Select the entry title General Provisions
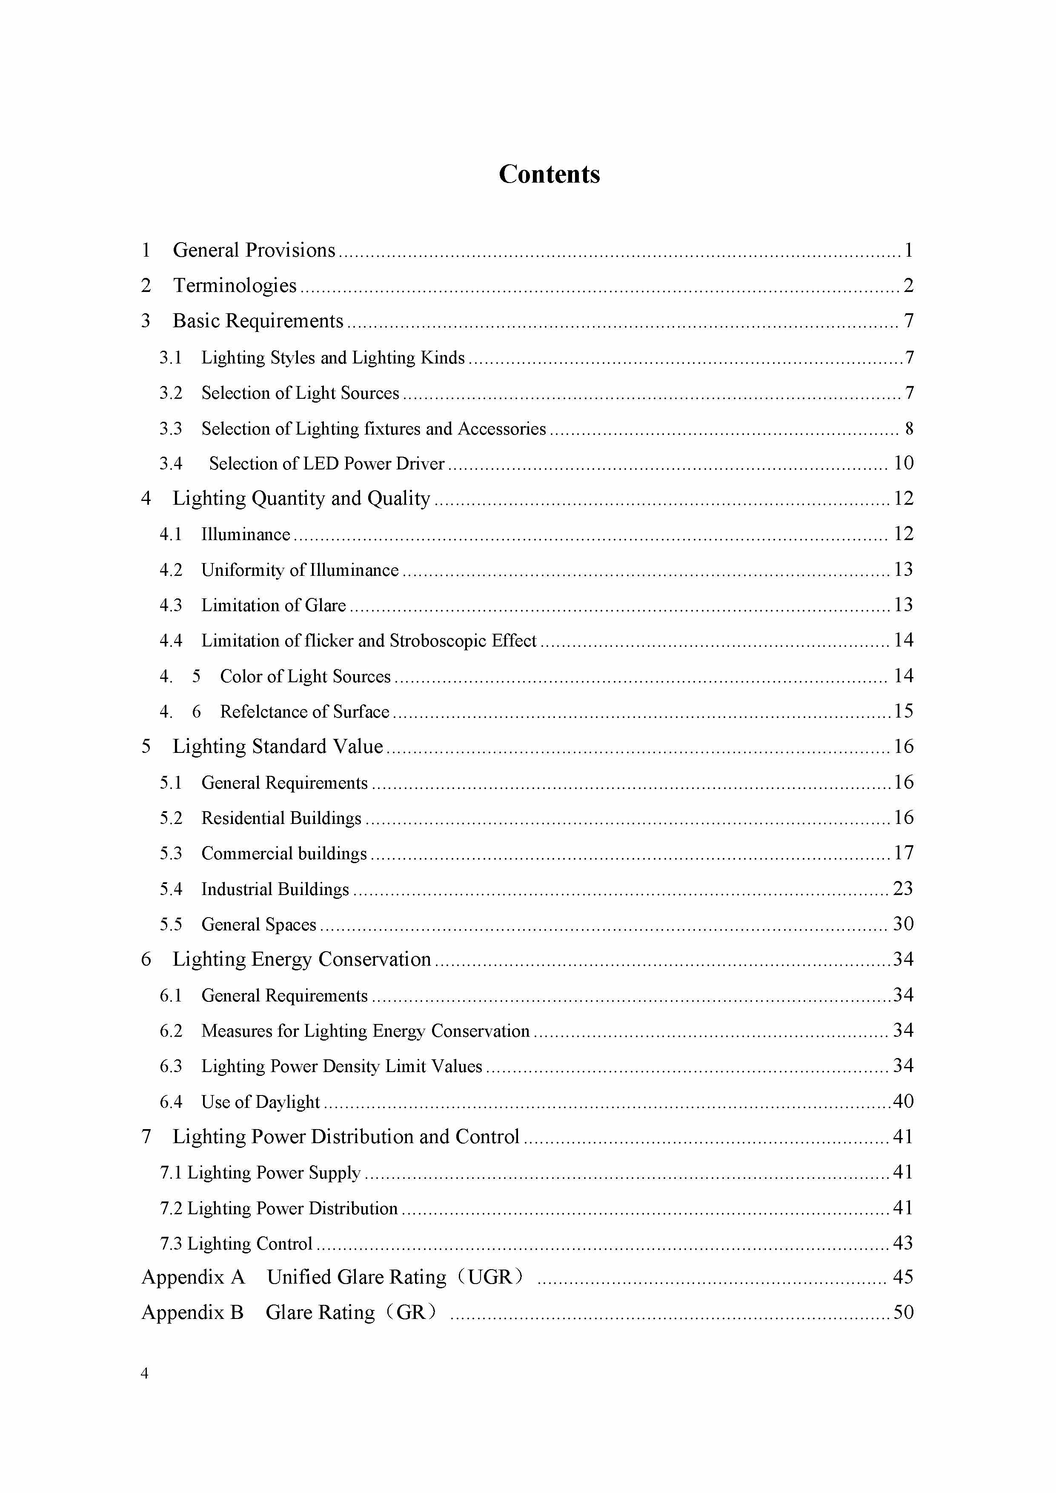point(254,250)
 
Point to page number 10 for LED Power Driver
point(903,463)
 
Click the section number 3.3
point(171,429)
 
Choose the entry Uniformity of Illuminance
point(300,570)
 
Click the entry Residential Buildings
point(281,818)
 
